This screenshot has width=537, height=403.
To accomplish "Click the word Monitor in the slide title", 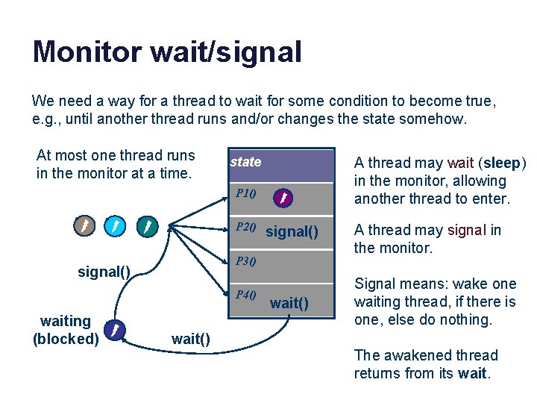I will [87, 52].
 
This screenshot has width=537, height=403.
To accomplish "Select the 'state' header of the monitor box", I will [245, 162].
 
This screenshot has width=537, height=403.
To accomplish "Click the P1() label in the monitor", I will [246, 194].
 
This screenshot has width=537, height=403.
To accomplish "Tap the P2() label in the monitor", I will [246, 227].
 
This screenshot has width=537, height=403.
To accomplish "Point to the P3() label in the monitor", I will [246, 261].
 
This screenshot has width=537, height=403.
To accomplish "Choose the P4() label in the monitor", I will [246, 294].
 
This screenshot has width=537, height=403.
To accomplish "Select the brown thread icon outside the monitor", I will [84, 225].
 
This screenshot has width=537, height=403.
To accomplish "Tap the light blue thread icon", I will [116, 225].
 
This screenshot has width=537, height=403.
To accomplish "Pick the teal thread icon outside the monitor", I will [148, 225].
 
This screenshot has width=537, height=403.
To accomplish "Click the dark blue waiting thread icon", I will [114, 329].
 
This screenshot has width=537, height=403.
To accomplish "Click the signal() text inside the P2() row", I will [297, 231].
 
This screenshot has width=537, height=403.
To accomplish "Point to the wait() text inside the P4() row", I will [289, 303].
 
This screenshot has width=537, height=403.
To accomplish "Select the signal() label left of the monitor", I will [104, 272].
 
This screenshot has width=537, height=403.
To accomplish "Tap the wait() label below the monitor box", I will [190, 339].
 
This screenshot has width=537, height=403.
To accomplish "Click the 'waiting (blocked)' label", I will [66, 330].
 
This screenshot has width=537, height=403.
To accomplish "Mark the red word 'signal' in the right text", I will [467, 230].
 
